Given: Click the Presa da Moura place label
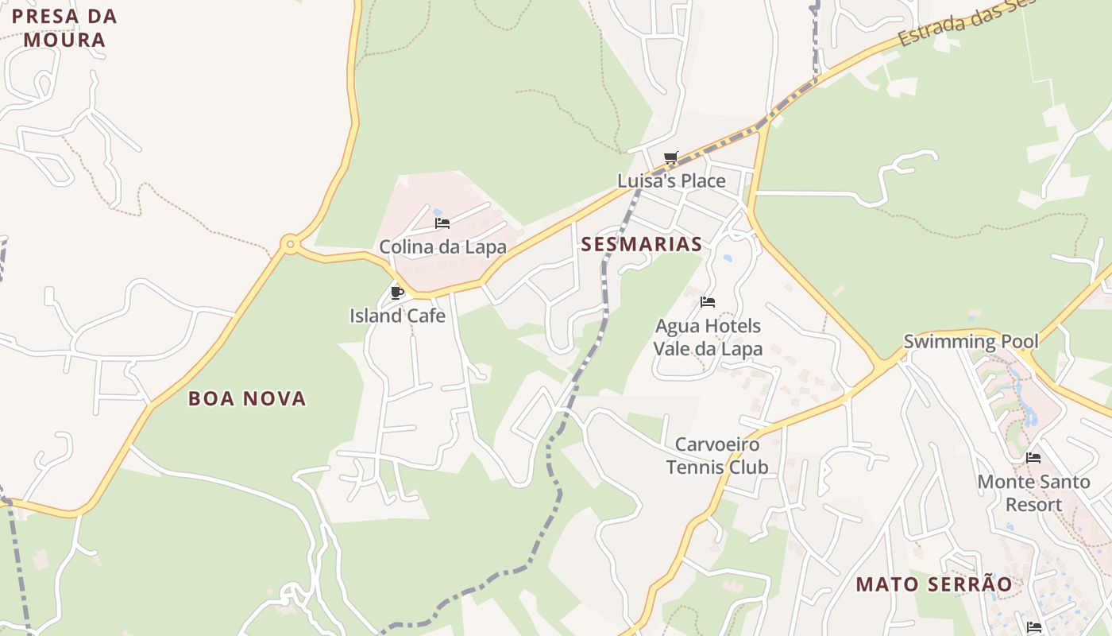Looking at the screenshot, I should (64, 28).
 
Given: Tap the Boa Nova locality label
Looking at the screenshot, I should (247, 398).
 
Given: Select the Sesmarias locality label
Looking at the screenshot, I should (641, 244).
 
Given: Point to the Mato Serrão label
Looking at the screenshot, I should (934, 584).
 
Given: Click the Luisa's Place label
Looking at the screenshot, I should (671, 180).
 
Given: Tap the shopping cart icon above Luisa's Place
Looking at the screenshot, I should (671, 158).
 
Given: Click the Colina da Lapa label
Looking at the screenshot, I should (442, 246).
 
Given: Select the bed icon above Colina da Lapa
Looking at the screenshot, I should (442, 223).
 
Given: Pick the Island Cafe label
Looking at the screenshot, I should (397, 316).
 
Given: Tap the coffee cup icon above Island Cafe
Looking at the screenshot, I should (397, 293).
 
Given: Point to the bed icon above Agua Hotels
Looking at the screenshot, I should (708, 302).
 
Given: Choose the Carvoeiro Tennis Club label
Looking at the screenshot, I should (717, 456).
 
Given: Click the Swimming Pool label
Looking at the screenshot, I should (971, 342).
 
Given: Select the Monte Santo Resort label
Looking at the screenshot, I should (1033, 493).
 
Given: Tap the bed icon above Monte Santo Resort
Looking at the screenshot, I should (1033, 458).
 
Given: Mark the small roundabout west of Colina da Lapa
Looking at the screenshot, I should (291, 244).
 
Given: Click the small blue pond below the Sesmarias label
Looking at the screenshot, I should (727, 258).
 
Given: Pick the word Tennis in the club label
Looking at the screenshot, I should (692, 467).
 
